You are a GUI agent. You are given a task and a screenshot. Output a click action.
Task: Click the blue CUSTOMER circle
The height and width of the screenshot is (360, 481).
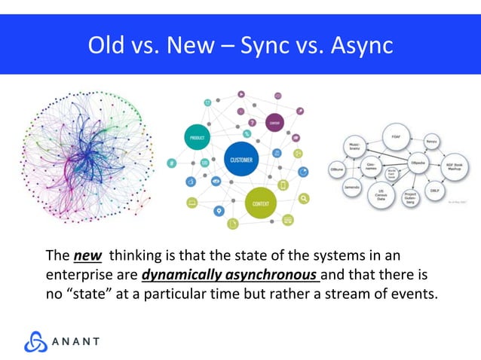241,160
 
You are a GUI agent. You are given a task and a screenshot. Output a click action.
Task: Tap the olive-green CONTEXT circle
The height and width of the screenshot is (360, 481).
261,204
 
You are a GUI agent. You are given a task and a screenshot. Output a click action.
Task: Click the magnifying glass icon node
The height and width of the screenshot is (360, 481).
303,199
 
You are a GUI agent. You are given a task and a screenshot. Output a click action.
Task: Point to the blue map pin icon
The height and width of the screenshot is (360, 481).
219,212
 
